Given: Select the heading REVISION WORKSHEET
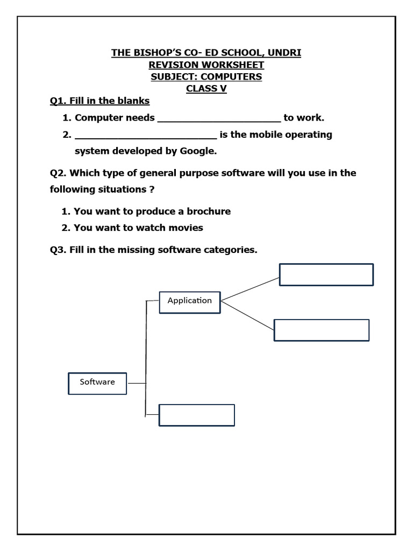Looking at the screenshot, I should pyautogui.click(x=206, y=65).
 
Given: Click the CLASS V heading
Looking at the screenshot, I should pyautogui.click(x=206, y=89).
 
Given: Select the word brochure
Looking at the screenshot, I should pyautogui.click(x=206, y=211).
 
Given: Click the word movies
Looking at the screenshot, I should pyautogui.click(x=185, y=228).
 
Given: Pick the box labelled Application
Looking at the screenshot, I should pyautogui.click(x=190, y=301).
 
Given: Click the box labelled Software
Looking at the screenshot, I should pyautogui.click(x=97, y=383).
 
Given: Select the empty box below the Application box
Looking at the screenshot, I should pyautogui.click(x=196, y=415).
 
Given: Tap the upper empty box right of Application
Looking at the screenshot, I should pyautogui.click(x=326, y=274).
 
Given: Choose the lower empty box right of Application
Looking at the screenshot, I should pyautogui.click(x=322, y=330).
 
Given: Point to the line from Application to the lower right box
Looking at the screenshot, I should pyautogui.click(x=247, y=316).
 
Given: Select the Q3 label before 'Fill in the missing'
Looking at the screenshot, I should pyautogui.click(x=57, y=250).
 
